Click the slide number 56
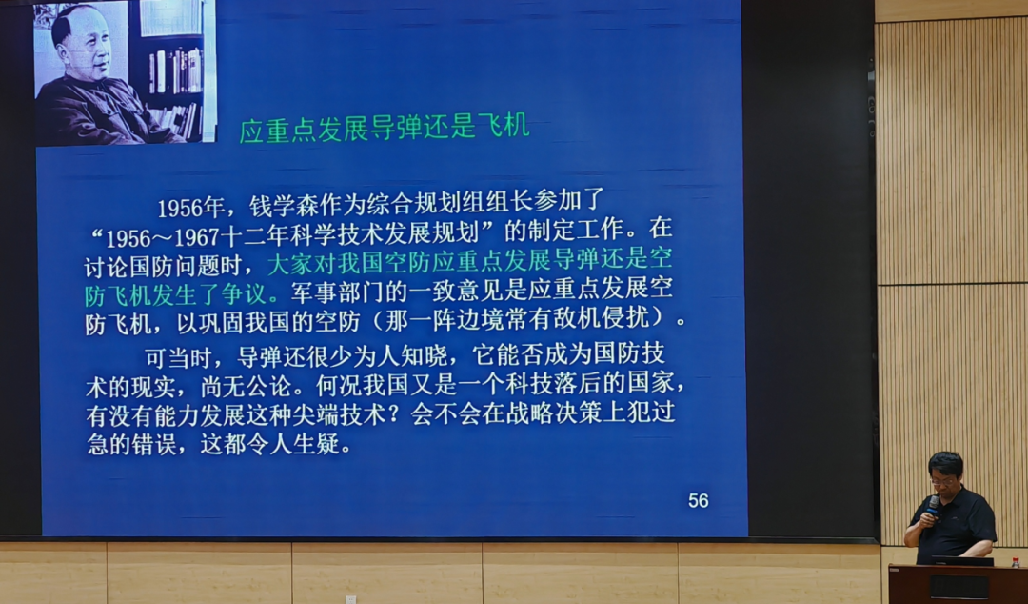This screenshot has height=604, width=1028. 699,501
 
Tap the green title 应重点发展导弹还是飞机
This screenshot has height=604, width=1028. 385,127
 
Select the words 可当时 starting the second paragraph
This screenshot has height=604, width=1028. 178,358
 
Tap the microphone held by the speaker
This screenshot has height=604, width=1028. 932,505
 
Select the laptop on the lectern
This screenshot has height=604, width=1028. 962,561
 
